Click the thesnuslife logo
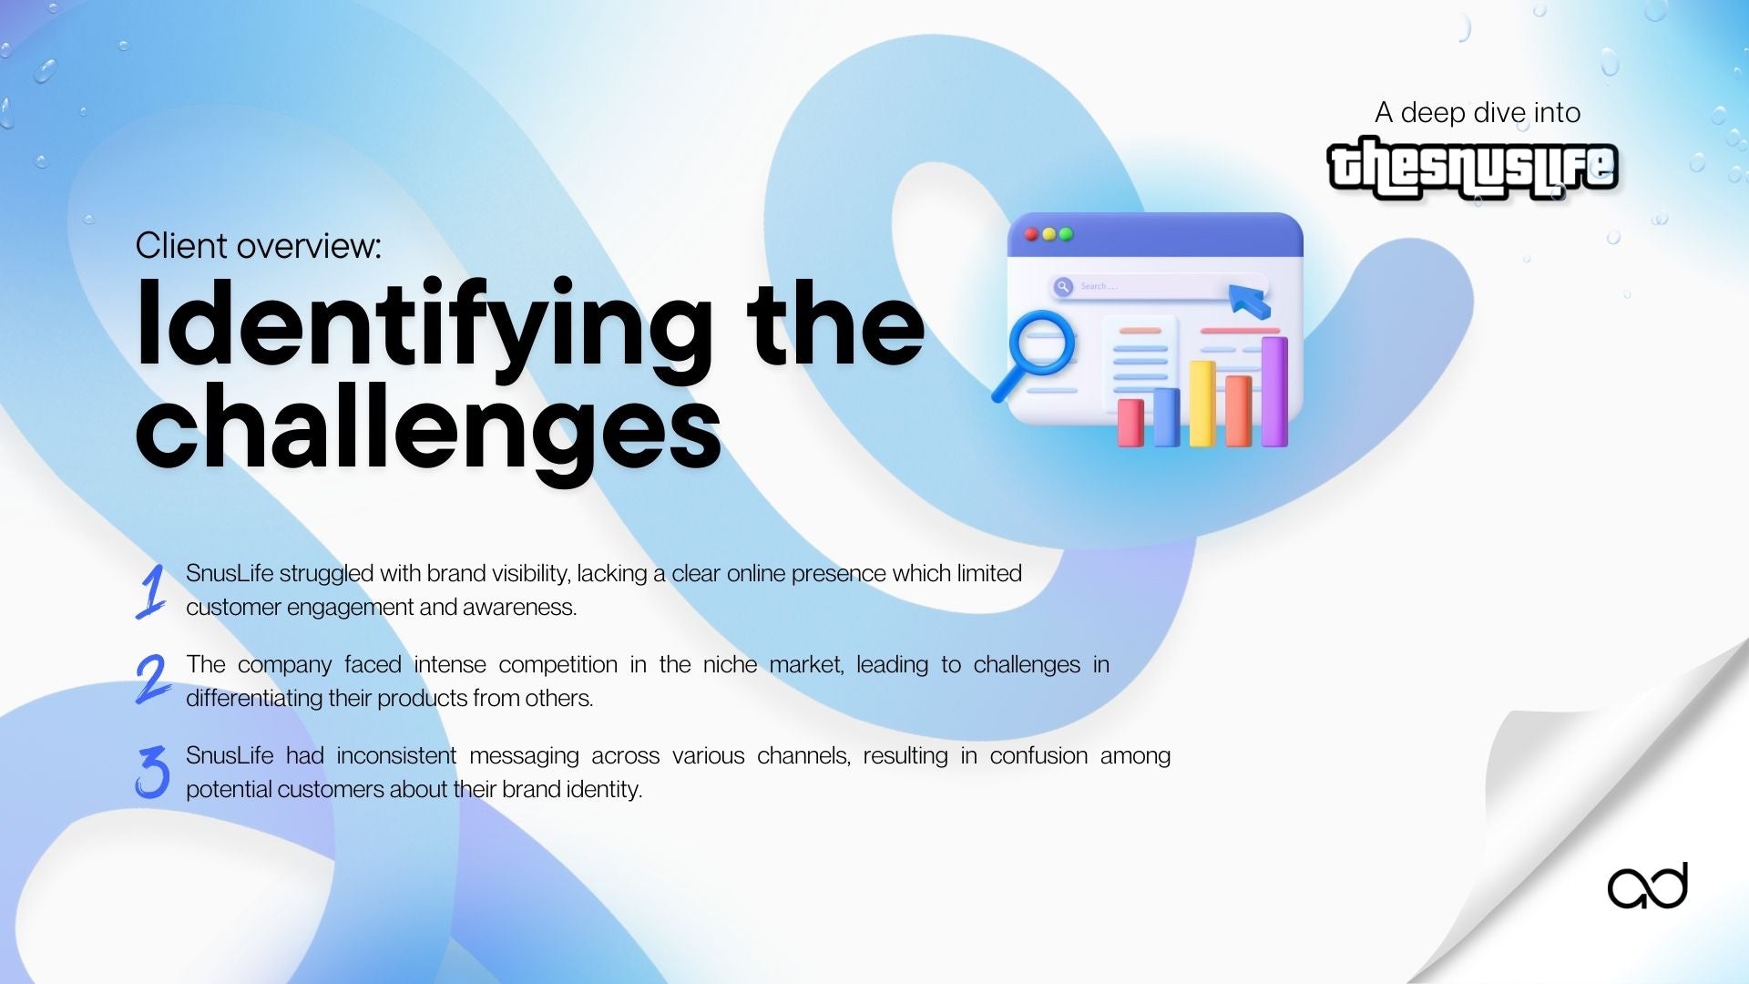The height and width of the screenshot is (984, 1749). click(1472, 168)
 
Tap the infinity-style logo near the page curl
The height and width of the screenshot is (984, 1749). click(1647, 887)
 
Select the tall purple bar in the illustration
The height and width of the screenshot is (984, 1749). click(1274, 391)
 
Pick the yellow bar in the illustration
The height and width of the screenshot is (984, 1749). click(1202, 403)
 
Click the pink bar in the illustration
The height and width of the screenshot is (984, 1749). click(1130, 422)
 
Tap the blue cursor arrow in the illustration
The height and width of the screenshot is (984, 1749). click(1249, 300)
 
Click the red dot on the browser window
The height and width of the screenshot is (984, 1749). click(1031, 234)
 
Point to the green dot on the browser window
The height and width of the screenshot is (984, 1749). click(1066, 234)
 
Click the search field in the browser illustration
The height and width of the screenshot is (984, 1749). click(1157, 287)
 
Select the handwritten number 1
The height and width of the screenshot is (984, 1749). click(152, 591)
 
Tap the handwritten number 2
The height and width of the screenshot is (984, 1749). click(152, 679)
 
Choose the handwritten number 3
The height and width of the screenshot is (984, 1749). click(153, 772)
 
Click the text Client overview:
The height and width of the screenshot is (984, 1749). click(259, 246)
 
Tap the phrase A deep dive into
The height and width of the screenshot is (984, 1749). click(1478, 113)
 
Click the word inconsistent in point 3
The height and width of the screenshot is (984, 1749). click(396, 755)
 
